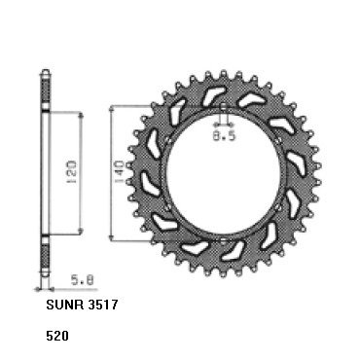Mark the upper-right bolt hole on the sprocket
(278, 140)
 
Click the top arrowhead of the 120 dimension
(76, 115)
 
